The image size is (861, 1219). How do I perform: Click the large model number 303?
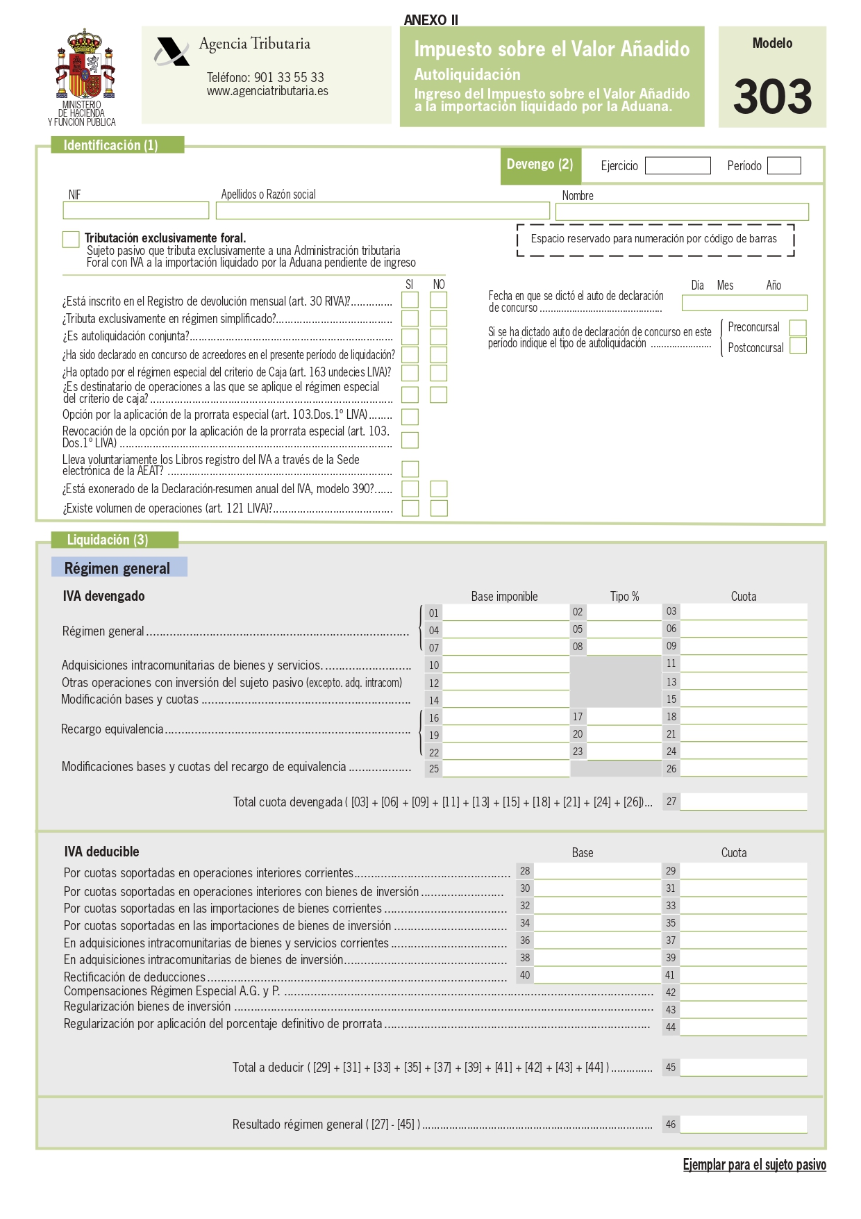click(772, 97)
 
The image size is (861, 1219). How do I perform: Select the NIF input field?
click(135, 210)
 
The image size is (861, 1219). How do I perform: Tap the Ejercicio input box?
click(677, 166)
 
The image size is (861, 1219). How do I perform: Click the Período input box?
click(784, 166)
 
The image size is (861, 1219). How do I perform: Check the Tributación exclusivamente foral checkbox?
click(71, 240)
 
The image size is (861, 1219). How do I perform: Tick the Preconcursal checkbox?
click(798, 328)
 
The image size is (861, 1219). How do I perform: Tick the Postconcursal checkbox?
click(798, 346)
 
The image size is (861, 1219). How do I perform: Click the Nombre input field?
click(682, 212)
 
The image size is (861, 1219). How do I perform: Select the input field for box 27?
click(743, 802)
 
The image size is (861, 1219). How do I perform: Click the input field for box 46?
click(743, 1125)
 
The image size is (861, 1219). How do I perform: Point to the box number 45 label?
click(670, 1068)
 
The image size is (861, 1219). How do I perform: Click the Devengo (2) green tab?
click(540, 165)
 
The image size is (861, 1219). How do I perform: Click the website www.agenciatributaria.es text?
click(267, 91)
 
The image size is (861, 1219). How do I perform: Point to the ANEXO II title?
click(430, 19)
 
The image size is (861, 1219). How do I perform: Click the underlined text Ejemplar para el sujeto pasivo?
click(754, 1165)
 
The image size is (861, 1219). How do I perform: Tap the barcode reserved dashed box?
click(655, 240)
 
